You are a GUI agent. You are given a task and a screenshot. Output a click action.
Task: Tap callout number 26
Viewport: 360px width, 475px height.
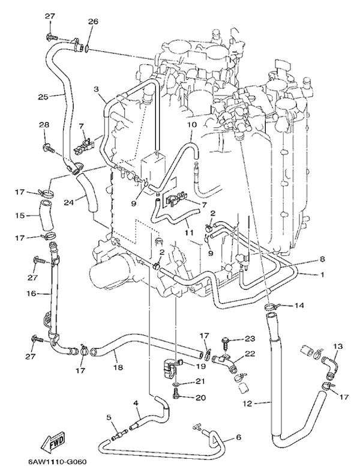click(x=92, y=22)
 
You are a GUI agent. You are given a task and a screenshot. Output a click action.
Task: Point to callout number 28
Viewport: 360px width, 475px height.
click(x=44, y=125)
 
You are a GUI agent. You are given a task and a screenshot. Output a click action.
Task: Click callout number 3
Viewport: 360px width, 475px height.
click(x=96, y=89)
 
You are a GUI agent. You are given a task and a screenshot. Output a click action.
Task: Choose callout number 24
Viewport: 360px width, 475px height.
click(x=70, y=202)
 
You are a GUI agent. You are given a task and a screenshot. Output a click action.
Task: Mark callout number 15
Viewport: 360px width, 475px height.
click(x=19, y=214)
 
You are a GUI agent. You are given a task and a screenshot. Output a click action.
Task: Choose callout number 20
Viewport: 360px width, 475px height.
click(x=200, y=397)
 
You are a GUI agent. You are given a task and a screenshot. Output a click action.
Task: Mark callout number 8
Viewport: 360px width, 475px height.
click(x=322, y=259)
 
